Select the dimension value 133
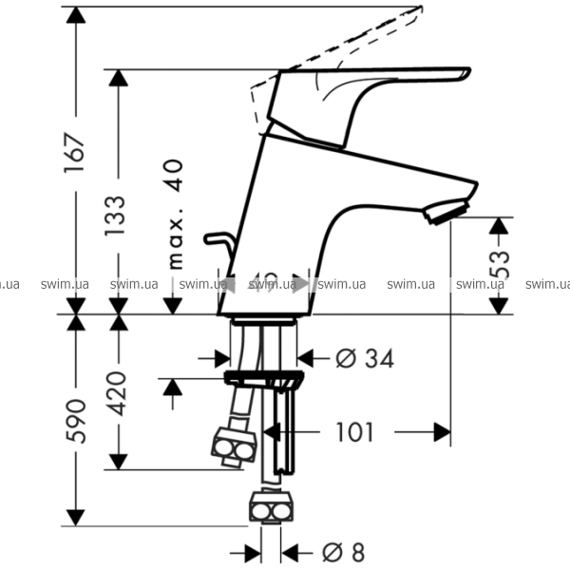tap(115, 218)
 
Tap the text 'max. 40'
tap(175, 215)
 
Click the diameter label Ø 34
tap(365, 358)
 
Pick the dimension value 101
tap(354, 433)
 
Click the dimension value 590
tap(75, 421)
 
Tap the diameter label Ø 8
tap(343, 552)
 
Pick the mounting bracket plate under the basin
tap(264, 379)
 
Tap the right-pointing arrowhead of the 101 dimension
tap(442, 433)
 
